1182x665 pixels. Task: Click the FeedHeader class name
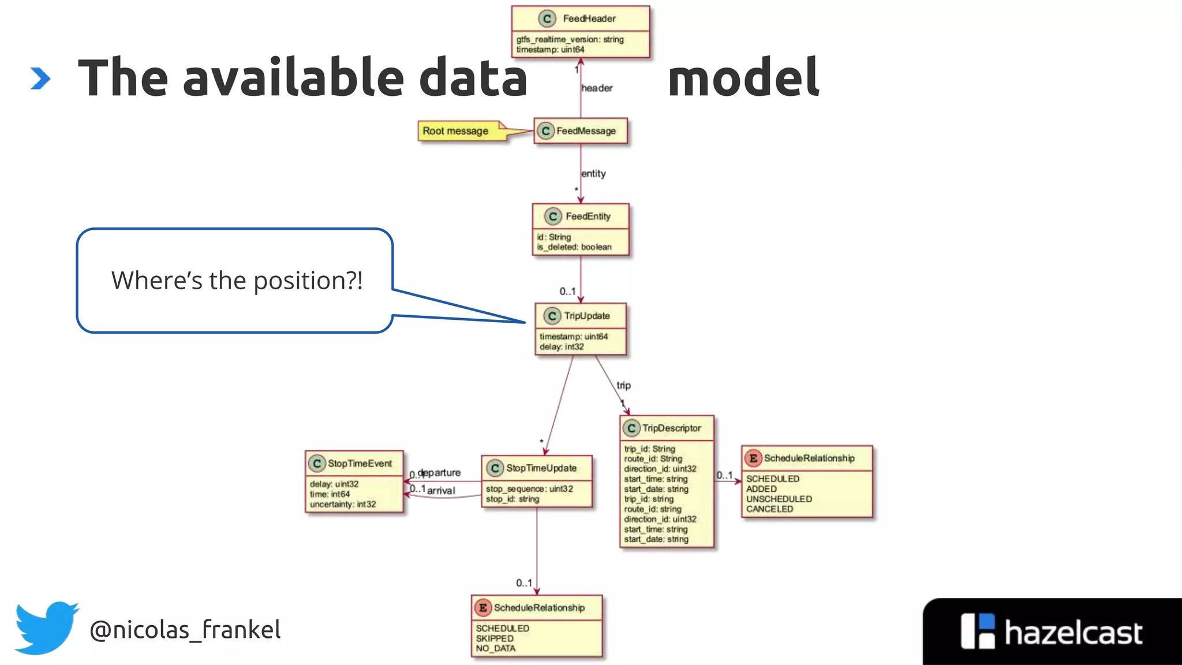coord(589,18)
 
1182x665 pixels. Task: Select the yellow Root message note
coord(456,131)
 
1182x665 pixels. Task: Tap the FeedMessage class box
coord(581,131)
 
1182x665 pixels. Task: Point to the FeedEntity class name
coord(588,216)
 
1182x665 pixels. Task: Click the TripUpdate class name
coord(586,316)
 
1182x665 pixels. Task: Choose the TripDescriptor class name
coord(671,428)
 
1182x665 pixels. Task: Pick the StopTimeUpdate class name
coord(541,468)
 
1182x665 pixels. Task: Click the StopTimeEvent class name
coord(360,464)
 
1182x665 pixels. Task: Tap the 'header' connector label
coord(597,88)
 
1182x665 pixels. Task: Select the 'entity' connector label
coord(593,174)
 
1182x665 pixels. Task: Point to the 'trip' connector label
coord(623,385)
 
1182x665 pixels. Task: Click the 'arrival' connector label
coord(441,491)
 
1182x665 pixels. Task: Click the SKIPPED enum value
coord(495,638)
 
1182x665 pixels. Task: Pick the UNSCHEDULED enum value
coord(779,499)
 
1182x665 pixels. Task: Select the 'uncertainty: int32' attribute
coord(342,505)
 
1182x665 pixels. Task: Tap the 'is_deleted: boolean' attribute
coord(574,247)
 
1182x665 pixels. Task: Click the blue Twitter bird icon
coord(46,627)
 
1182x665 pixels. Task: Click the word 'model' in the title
coord(743,77)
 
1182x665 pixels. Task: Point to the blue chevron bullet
coord(40,79)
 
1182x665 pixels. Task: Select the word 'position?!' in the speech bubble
coord(308,281)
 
